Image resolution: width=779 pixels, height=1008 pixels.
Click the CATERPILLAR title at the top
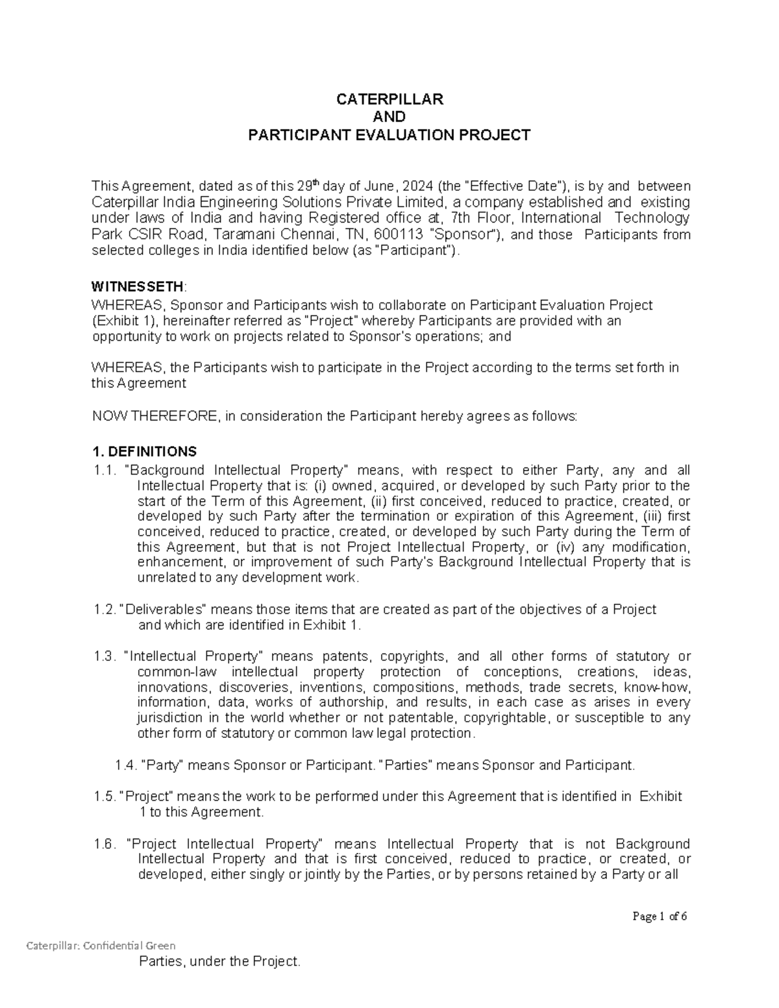tap(389, 99)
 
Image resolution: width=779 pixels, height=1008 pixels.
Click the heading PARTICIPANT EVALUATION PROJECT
tap(389, 135)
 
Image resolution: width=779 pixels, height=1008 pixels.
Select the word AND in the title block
tap(389, 117)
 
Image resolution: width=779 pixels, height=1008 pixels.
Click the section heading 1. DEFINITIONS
tap(144, 451)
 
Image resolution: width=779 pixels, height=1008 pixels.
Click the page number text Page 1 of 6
tap(660, 916)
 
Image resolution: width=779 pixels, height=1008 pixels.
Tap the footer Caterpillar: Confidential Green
tap(101, 946)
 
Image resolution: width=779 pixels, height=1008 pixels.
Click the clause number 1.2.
tap(105, 609)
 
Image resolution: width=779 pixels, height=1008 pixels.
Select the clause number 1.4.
tap(125, 765)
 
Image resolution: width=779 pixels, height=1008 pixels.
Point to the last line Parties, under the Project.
tap(220, 962)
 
